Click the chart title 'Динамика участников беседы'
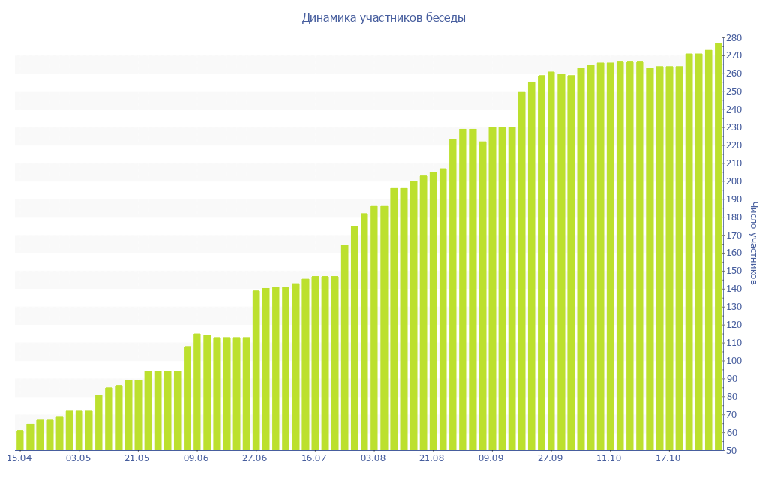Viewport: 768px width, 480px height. (x=383, y=18)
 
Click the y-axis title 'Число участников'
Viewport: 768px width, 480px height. (x=753, y=242)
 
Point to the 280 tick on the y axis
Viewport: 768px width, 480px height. (x=733, y=38)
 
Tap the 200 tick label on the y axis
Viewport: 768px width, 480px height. (x=733, y=181)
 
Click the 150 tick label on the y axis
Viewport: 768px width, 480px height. (x=733, y=271)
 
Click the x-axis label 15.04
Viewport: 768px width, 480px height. (x=19, y=458)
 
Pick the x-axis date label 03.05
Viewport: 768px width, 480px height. (x=79, y=458)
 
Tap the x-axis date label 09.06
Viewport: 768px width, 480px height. (x=196, y=458)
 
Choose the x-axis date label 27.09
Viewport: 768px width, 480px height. (x=550, y=458)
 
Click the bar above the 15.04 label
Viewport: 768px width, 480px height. (x=20, y=440)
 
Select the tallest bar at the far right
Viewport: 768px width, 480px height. (x=718, y=247)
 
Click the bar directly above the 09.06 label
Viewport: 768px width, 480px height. (x=197, y=392)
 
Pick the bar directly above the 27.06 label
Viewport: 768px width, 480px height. (x=256, y=370)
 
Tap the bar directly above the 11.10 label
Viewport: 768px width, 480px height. (x=610, y=256)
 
